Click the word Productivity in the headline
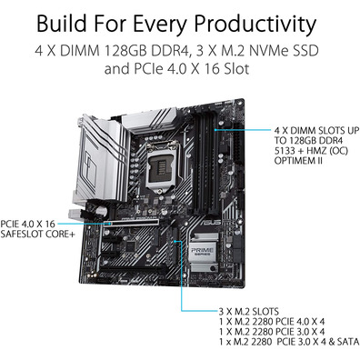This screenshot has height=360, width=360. (x=255, y=24)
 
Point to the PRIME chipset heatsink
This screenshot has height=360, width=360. (x=204, y=252)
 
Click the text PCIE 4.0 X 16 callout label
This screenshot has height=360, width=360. (x=28, y=225)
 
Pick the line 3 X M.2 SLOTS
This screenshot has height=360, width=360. (x=249, y=312)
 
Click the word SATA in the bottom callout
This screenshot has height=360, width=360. (x=348, y=342)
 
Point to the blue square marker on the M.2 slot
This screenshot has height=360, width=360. (x=175, y=242)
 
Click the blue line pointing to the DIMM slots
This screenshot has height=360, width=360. (x=243, y=130)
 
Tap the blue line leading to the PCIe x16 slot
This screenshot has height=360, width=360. (x=84, y=224)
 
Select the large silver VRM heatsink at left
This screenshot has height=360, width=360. (x=100, y=157)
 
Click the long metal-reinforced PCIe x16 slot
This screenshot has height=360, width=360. (x=134, y=223)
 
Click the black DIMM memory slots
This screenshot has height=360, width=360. (x=205, y=161)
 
